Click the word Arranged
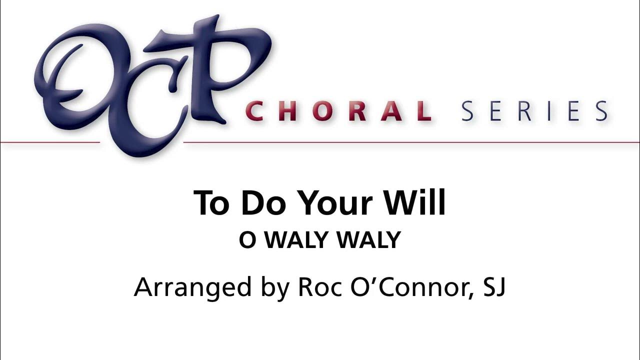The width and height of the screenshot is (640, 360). tap(192, 288)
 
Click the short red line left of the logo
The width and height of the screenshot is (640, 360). tap(50, 142)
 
